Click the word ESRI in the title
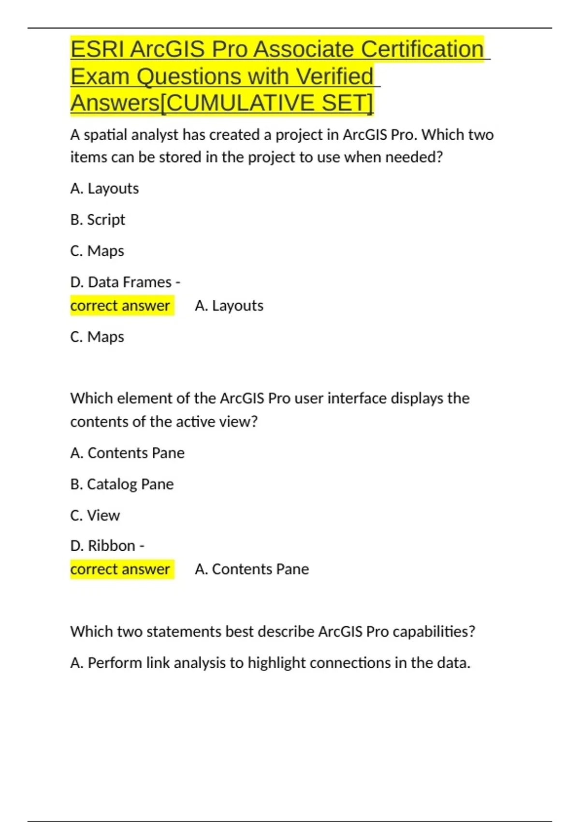coord(98,49)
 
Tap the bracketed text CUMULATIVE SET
coord(266,103)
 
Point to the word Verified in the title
coord(334,76)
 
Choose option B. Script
coord(98,220)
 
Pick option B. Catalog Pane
coord(122,484)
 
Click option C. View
coord(95,515)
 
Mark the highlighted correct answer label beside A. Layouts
coord(120,306)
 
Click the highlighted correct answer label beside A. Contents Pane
coord(120,569)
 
